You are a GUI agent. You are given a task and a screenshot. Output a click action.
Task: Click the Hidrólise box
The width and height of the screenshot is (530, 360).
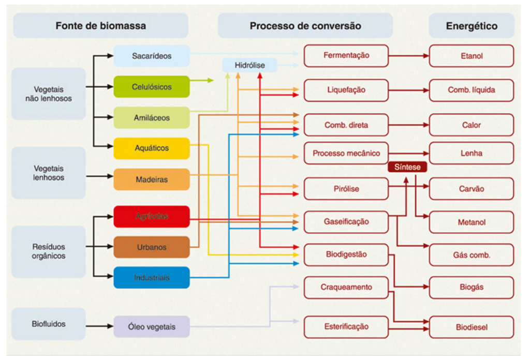click(x=250, y=66)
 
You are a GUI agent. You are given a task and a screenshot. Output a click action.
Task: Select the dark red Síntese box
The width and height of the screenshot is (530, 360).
click(x=407, y=167)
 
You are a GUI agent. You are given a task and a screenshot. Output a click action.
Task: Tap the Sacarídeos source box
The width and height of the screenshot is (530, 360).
click(x=151, y=55)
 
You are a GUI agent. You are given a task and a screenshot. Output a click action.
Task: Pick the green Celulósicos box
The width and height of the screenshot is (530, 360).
click(x=151, y=87)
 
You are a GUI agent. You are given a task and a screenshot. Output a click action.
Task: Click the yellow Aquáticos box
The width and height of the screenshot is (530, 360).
click(x=151, y=148)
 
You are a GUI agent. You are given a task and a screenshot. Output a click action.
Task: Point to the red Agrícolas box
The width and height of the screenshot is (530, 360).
click(x=151, y=216)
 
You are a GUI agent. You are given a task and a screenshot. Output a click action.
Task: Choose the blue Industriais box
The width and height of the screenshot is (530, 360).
click(x=151, y=278)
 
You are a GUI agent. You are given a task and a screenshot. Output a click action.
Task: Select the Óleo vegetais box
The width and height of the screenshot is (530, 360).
click(x=151, y=327)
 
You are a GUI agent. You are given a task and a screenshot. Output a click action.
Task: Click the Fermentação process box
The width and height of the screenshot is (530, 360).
click(x=346, y=55)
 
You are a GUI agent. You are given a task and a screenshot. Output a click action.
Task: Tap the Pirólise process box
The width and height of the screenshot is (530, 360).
click(x=346, y=189)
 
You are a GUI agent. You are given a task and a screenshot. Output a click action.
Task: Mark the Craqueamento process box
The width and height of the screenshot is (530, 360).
click(x=346, y=287)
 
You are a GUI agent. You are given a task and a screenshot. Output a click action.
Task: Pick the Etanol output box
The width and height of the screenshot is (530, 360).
click(x=471, y=55)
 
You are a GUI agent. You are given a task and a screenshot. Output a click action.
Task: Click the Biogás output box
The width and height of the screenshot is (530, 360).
click(x=471, y=287)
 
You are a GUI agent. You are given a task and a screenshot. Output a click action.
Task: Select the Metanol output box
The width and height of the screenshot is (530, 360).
click(x=471, y=222)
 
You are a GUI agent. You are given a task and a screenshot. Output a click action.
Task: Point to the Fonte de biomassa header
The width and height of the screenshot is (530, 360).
click(x=100, y=26)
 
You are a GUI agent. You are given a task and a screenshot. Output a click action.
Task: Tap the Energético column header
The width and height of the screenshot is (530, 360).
click(x=471, y=26)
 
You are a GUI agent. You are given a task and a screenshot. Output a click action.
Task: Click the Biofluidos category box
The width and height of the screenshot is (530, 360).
click(x=49, y=324)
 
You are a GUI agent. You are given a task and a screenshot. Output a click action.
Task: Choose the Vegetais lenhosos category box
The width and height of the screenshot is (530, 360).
click(x=49, y=173)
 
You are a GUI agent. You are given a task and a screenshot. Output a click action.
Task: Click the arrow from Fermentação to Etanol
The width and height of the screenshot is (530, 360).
click(x=408, y=55)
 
